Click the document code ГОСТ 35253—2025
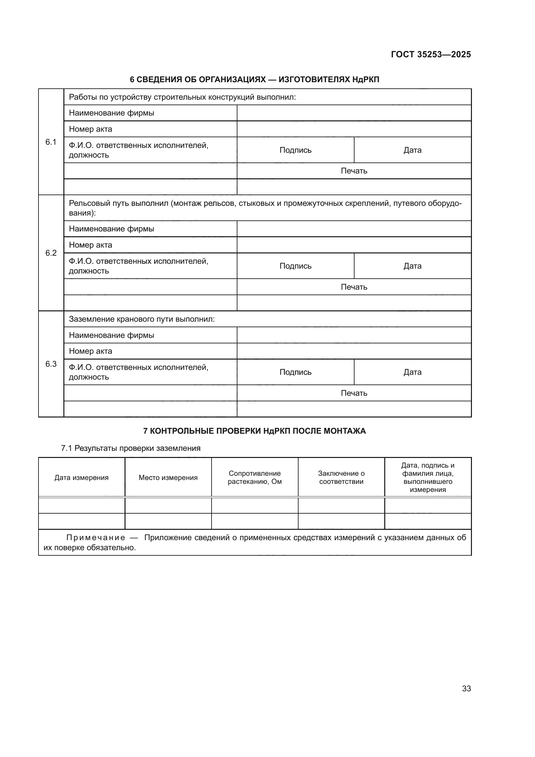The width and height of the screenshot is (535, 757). pyautogui.click(x=431, y=54)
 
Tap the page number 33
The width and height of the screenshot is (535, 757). pyautogui.click(x=466, y=688)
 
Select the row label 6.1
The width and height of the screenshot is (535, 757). pyautogui.click(x=51, y=142)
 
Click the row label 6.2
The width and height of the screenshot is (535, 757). pyautogui.click(x=51, y=253)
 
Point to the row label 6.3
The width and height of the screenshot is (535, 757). pyautogui.click(x=51, y=364)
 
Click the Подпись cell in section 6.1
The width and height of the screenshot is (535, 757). pyautogui.click(x=295, y=150)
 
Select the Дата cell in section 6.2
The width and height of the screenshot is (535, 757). pyautogui.click(x=412, y=266)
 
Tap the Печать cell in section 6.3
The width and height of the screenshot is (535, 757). pyautogui.click(x=354, y=393)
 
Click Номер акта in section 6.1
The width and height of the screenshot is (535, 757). pyautogui.click(x=90, y=129)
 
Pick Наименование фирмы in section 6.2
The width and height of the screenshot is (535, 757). pyautogui.click(x=111, y=229)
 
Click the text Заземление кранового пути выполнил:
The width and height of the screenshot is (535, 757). pyautogui.click(x=142, y=319)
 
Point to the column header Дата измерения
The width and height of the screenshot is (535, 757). pyautogui.click(x=82, y=477)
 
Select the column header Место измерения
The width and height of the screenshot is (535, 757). pyautogui.click(x=168, y=477)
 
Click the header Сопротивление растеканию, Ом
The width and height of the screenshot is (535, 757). pyautogui.click(x=255, y=477)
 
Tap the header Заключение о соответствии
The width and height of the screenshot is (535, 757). pyautogui.click(x=341, y=477)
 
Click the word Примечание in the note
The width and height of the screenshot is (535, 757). pyautogui.click(x=95, y=538)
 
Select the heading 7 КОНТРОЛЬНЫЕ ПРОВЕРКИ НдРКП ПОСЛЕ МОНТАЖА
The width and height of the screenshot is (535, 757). pyautogui.click(x=254, y=431)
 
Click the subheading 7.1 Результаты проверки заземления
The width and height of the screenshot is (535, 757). pyautogui.click(x=131, y=448)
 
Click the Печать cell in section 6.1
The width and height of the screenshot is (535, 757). pyautogui.click(x=354, y=171)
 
